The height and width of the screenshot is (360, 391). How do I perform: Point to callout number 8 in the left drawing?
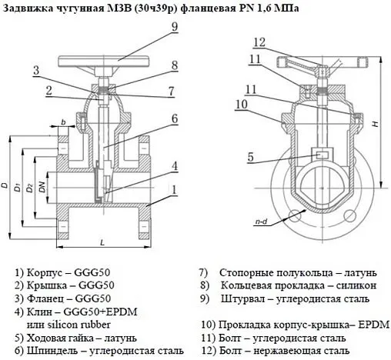pos(175,65)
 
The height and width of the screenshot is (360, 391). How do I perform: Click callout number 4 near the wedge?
pos(175,165)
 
